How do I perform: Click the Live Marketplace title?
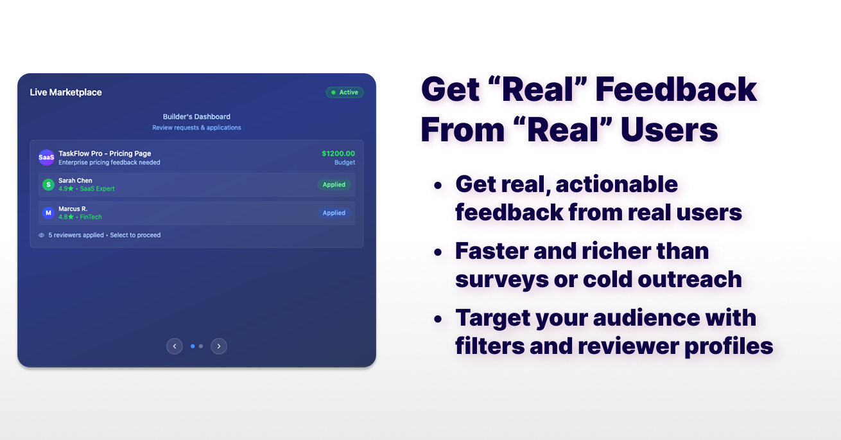click(65, 92)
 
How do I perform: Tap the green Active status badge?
click(345, 92)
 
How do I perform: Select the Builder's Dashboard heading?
click(196, 117)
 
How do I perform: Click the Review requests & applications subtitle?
click(196, 128)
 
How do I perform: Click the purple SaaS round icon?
click(46, 157)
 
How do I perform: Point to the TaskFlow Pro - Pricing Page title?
click(105, 154)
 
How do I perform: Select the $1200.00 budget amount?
click(338, 154)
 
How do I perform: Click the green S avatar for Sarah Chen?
click(48, 185)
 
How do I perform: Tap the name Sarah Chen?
click(75, 180)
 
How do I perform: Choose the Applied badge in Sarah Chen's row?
click(334, 185)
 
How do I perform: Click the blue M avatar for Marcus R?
click(48, 213)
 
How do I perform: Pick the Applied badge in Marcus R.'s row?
click(334, 213)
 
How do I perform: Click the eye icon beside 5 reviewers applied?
click(42, 235)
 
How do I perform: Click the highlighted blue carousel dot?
click(193, 346)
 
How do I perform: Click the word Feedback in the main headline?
click(677, 89)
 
